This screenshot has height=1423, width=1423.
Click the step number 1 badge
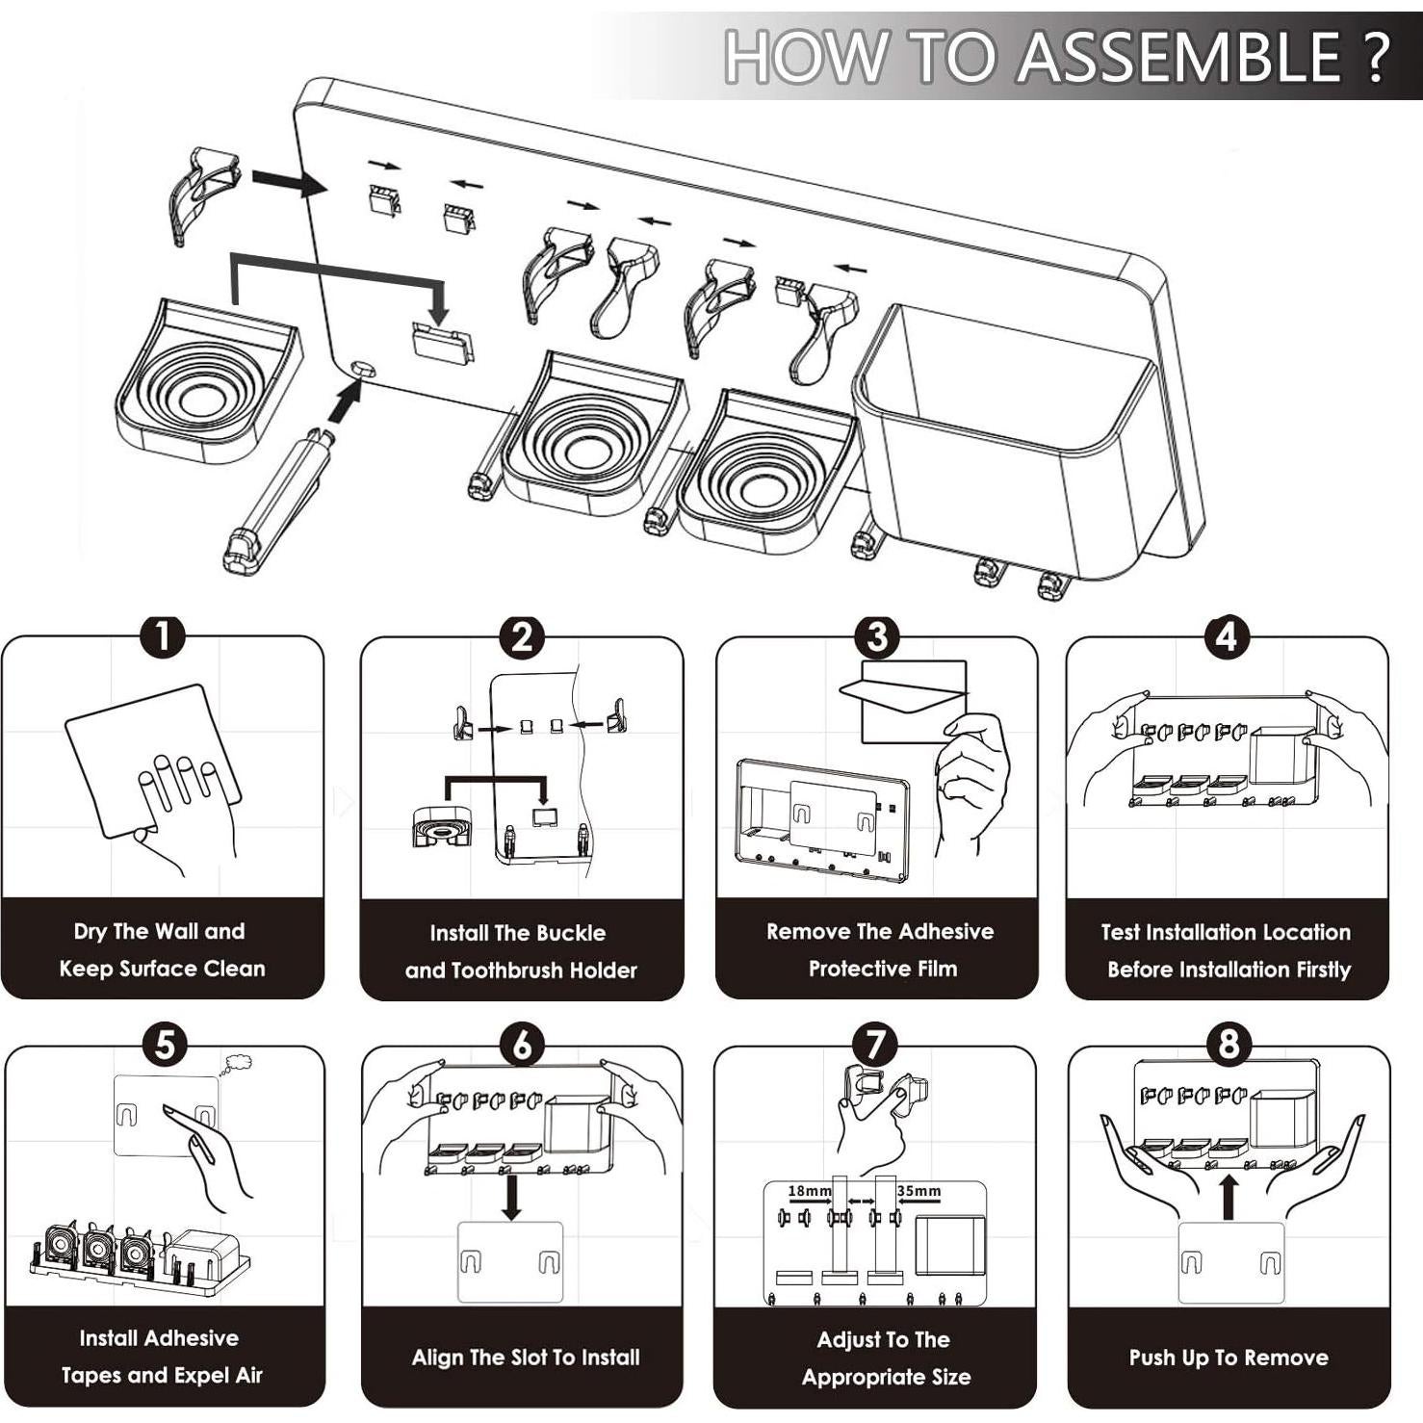pos(163,636)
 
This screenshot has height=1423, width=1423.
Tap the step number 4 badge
pos(1226,636)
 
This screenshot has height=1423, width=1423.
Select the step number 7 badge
pos(874,1045)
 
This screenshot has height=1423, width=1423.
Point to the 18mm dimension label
pos(809,1191)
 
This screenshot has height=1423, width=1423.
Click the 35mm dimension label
pos(919,1191)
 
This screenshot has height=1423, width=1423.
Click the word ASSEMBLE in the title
pos(1178,57)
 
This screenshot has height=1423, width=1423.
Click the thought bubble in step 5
pos(236,1064)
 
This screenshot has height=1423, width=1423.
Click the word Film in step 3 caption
pos(934,969)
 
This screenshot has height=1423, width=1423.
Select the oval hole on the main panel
pos(364,368)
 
